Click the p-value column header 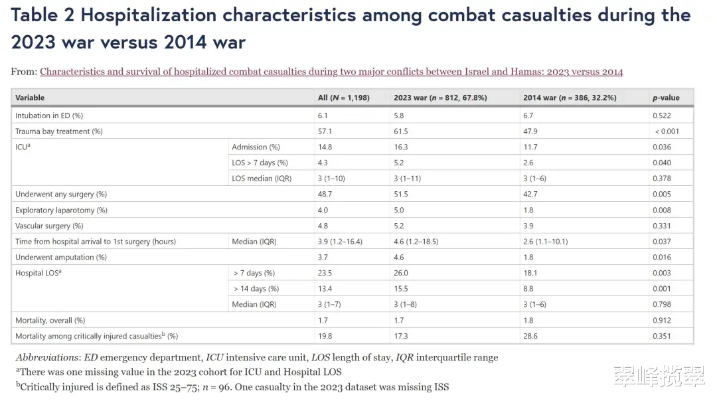(x=666, y=98)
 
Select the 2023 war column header (x=440, y=98)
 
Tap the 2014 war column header (x=570, y=98)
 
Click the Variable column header (x=30, y=98)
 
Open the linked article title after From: (x=331, y=72)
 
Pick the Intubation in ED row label (x=49, y=116)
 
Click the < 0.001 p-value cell (x=667, y=131)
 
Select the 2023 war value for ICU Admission (x=400, y=147)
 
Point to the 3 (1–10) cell (x=331, y=179)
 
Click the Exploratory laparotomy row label (x=61, y=210)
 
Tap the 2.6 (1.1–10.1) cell (x=546, y=242)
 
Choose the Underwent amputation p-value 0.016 (x=662, y=257)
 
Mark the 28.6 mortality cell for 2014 (x=530, y=336)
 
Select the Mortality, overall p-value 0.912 (x=662, y=320)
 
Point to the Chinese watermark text (x=659, y=376)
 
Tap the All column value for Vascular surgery (x=323, y=226)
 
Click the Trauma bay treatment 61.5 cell (x=400, y=131)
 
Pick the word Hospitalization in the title (x=149, y=15)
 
